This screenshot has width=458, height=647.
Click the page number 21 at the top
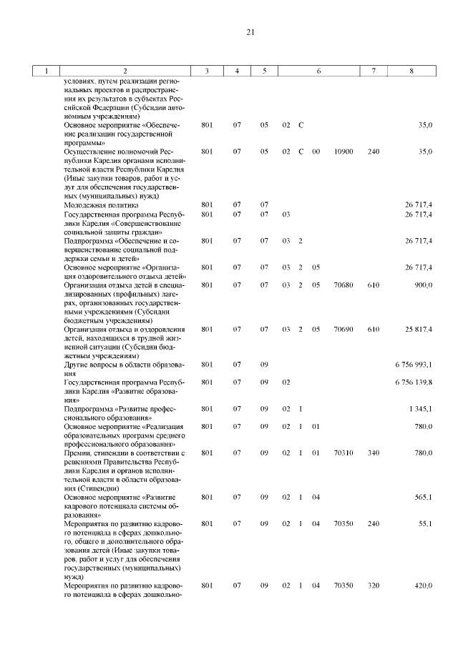[250, 32]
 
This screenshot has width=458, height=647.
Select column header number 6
[318, 71]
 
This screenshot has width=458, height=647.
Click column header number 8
[410, 71]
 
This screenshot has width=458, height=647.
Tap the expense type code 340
[373, 453]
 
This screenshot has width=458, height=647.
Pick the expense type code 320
[373, 586]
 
